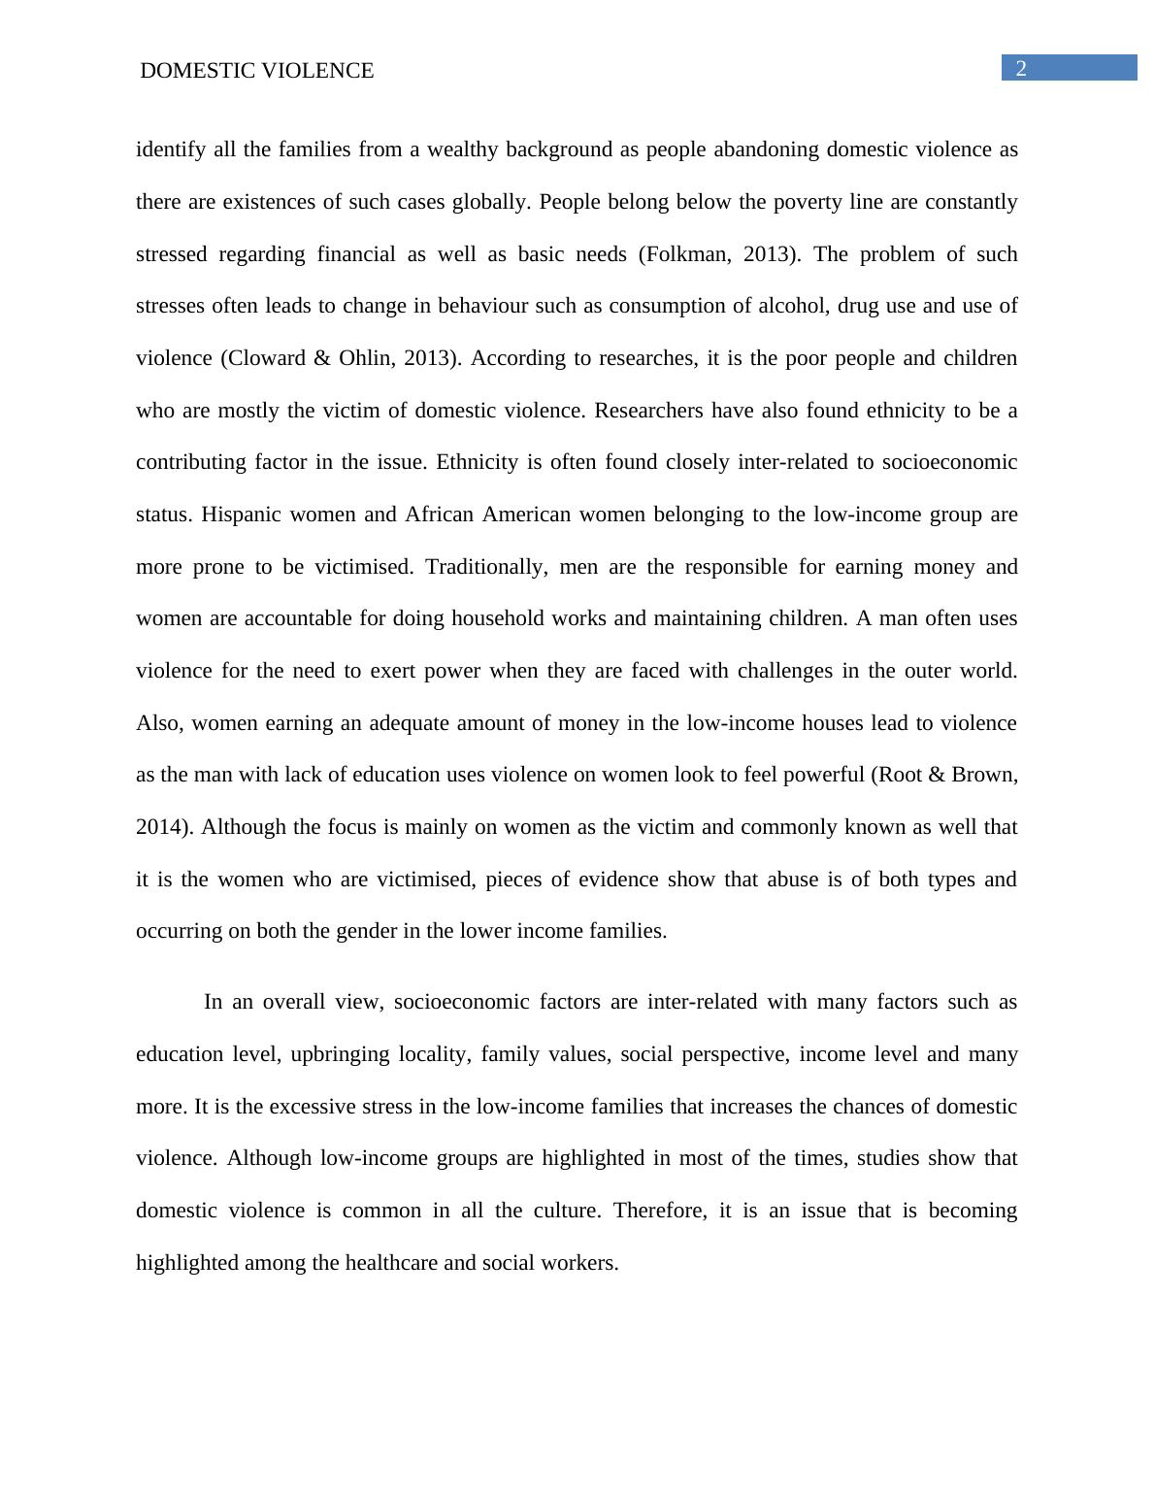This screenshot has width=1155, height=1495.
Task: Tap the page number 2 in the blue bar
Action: (1021, 68)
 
